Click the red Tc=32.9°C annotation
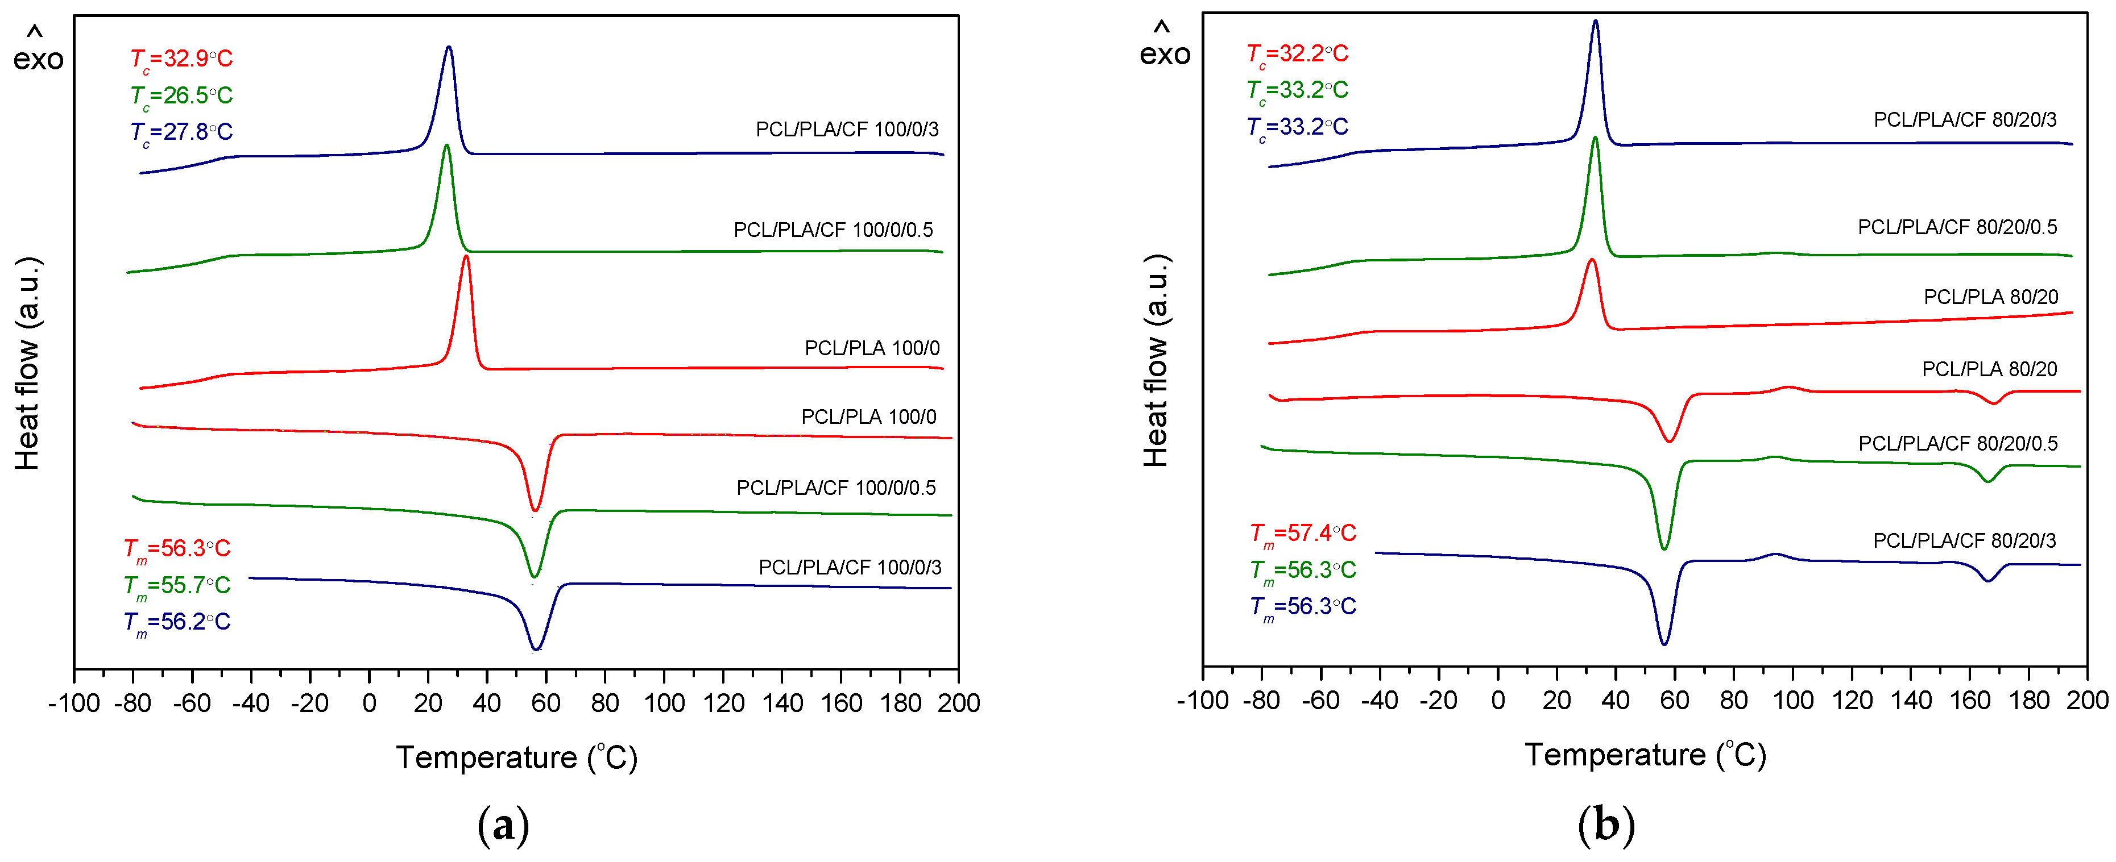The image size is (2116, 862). (181, 59)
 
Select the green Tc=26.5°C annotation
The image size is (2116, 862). (181, 96)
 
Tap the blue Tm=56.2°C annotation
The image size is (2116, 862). (177, 622)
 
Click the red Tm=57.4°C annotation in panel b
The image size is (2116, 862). (1303, 534)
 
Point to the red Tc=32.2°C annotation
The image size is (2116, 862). (1298, 54)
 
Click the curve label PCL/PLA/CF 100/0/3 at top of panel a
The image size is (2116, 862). (846, 130)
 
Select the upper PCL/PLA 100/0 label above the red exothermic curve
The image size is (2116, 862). (872, 348)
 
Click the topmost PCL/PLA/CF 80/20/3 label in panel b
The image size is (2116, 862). (1964, 120)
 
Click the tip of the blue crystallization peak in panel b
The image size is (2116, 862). (1595, 22)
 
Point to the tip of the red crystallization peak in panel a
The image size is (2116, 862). (466, 257)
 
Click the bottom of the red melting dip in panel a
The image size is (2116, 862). (535, 510)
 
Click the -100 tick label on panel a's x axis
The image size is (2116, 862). (74, 703)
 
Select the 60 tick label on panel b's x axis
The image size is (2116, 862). (1674, 701)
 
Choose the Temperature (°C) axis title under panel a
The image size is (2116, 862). (516, 757)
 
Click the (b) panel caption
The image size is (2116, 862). (1606, 825)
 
